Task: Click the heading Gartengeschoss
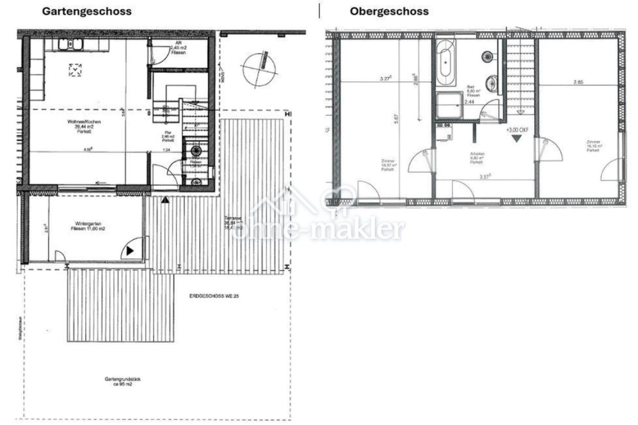pos(86,11)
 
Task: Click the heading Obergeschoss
pos(389,11)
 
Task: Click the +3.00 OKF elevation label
pos(517,130)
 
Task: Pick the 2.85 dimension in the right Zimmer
pos(578,81)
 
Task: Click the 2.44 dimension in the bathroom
pos(469,102)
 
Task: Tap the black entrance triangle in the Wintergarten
pos(129,251)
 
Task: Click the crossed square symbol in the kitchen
pos(75,70)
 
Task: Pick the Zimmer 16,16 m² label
pos(593,146)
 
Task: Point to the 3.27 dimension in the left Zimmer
pos(385,79)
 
